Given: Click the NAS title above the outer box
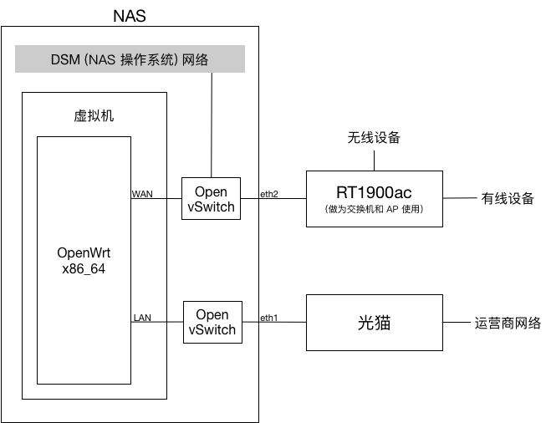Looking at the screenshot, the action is (130, 16).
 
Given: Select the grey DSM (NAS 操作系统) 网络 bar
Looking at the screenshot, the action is (130, 59).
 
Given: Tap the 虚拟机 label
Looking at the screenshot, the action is (94, 115).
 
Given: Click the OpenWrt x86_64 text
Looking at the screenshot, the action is (84, 261).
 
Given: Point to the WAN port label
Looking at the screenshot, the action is (142, 194).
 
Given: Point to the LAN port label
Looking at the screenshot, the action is (142, 318).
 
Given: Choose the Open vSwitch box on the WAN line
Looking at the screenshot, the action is (211, 198).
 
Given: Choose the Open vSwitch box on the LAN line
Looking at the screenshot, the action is (212, 322).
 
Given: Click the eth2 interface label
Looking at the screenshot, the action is (269, 194).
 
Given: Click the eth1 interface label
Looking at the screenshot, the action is (269, 318).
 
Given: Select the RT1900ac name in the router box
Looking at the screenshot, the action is (374, 192).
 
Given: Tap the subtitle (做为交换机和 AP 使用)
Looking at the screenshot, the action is (374, 209).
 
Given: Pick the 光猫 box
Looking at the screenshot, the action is (375, 323).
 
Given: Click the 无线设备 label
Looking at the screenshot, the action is (374, 138).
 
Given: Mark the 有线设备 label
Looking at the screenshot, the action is (508, 198).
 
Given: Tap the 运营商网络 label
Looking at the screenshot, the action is (508, 323).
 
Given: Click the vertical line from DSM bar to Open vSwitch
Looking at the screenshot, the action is (212, 125).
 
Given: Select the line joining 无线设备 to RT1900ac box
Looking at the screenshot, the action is (374, 161).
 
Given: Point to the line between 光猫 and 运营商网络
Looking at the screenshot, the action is (457, 322).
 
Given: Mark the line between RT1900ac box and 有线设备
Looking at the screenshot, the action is (460, 198).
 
